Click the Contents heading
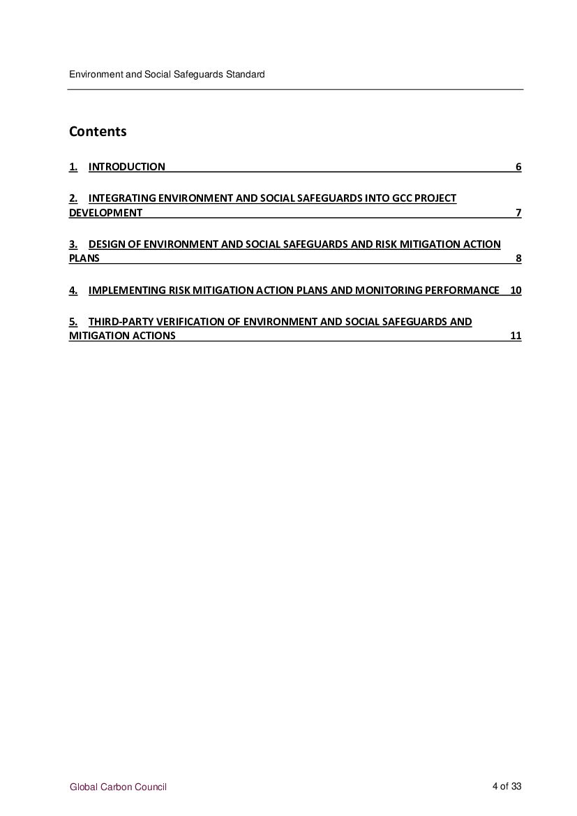pyautogui.click(x=98, y=131)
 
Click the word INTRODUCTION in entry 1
pyautogui.click(x=127, y=167)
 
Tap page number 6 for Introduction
pyautogui.click(x=518, y=167)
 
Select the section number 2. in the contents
pyautogui.click(x=73, y=198)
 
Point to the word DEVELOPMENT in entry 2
pyautogui.click(x=105, y=213)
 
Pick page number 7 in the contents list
pyautogui.click(x=518, y=213)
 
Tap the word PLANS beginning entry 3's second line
pyautogui.click(x=84, y=258)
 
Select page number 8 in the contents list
pyautogui.click(x=518, y=258)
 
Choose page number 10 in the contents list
pyautogui.click(x=516, y=290)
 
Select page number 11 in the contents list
pyautogui.click(x=516, y=336)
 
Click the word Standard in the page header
pyautogui.click(x=246, y=74)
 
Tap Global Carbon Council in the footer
pyautogui.click(x=118, y=787)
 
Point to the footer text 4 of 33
pyautogui.click(x=507, y=787)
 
